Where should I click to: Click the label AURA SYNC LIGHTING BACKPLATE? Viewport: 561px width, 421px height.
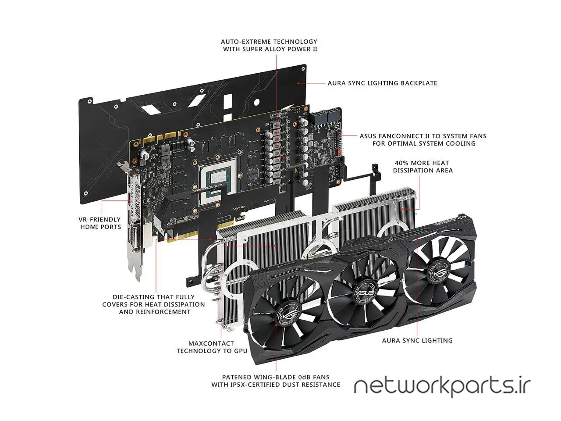(382, 83)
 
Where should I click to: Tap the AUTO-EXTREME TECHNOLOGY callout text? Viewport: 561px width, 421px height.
(269, 45)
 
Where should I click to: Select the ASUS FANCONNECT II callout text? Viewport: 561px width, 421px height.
(423, 139)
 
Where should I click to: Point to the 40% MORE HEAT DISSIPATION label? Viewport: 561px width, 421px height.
(423, 167)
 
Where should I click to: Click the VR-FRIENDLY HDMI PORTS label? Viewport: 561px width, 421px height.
(100, 223)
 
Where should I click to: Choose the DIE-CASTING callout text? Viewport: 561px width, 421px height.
(153, 304)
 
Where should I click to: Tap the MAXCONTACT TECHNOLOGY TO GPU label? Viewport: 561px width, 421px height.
(212, 347)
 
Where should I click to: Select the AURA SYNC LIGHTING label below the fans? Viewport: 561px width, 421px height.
(417, 340)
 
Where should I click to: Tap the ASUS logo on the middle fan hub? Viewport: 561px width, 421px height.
(366, 292)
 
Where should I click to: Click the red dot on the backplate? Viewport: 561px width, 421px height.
(298, 83)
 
